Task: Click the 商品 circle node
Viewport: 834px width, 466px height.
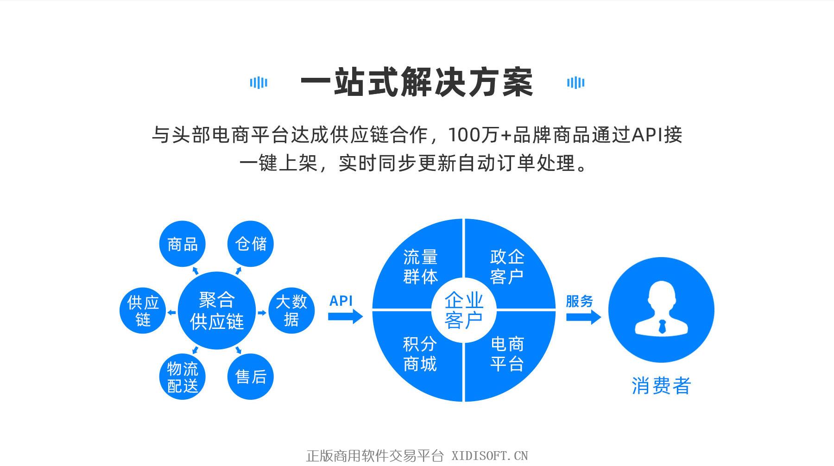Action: click(182, 244)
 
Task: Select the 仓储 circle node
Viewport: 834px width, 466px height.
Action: click(251, 244)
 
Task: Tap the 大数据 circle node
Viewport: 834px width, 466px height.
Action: click(291, 310)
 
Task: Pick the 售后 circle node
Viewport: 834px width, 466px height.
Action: click(251, 377)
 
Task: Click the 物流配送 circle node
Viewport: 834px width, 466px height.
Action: click(182, 377)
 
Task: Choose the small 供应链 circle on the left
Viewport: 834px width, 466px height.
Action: click(143, 311)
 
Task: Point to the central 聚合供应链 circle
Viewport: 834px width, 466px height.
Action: click(217, 310)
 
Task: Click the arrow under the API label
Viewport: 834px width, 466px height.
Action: click(345, 317)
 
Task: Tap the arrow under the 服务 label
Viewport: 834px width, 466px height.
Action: click(584, 317)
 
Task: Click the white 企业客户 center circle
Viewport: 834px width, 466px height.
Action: click(464, 310)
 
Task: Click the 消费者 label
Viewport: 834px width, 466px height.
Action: click(661, 385)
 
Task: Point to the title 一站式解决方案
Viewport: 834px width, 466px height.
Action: click(417, 82)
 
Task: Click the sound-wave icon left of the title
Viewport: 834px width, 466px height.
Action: click(259, 82)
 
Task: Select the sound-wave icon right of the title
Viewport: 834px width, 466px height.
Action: click(575, 82)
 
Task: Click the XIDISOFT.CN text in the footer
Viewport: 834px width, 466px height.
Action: click(490, 456)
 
